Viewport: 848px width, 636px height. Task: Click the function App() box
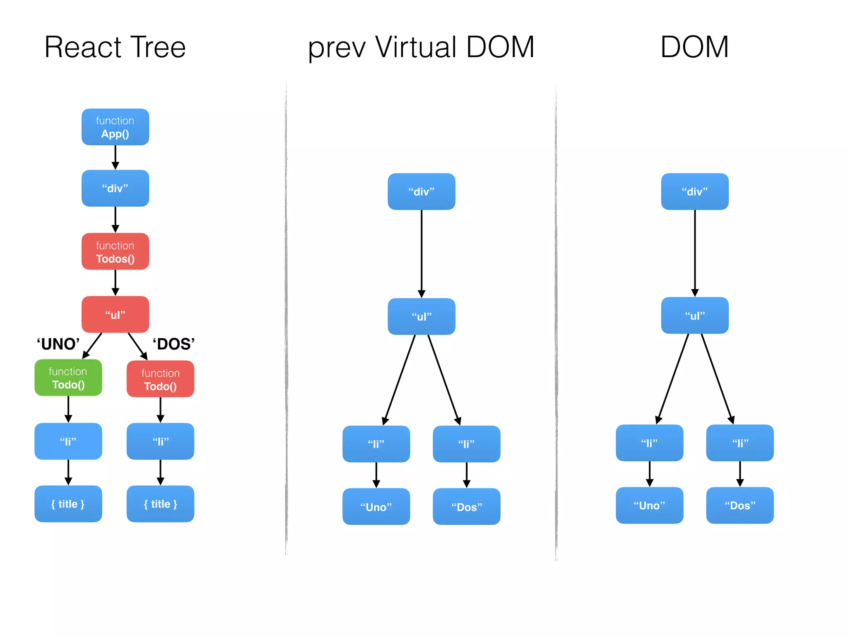click(115, 127)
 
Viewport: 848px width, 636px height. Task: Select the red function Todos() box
click(115, 252)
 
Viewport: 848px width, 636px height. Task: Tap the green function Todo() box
click(68, 378)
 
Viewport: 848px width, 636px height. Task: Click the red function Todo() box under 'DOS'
click(160, 379)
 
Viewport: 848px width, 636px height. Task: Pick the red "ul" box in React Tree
click(115, 314)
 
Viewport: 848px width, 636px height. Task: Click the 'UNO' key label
click(58, 344)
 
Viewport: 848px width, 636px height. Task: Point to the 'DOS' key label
click(173, 344)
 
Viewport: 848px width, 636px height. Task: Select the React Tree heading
click(115, 47)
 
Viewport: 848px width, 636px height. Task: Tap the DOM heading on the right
click(694, 47)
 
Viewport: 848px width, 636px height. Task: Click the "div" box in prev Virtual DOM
click(422, 191)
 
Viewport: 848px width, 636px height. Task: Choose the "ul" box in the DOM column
click(695, 316)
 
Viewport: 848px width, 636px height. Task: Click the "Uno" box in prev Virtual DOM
click(376, 507)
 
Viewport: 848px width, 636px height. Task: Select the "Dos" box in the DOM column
click(740, 506)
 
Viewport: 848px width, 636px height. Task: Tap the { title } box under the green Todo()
click(68, 504)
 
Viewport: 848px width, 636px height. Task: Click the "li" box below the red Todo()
click(160, 441)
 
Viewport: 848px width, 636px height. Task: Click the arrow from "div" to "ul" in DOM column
click(695, 253)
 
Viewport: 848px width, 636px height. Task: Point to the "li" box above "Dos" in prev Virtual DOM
click(467, 444)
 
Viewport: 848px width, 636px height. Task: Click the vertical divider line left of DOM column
click(556, 323)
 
